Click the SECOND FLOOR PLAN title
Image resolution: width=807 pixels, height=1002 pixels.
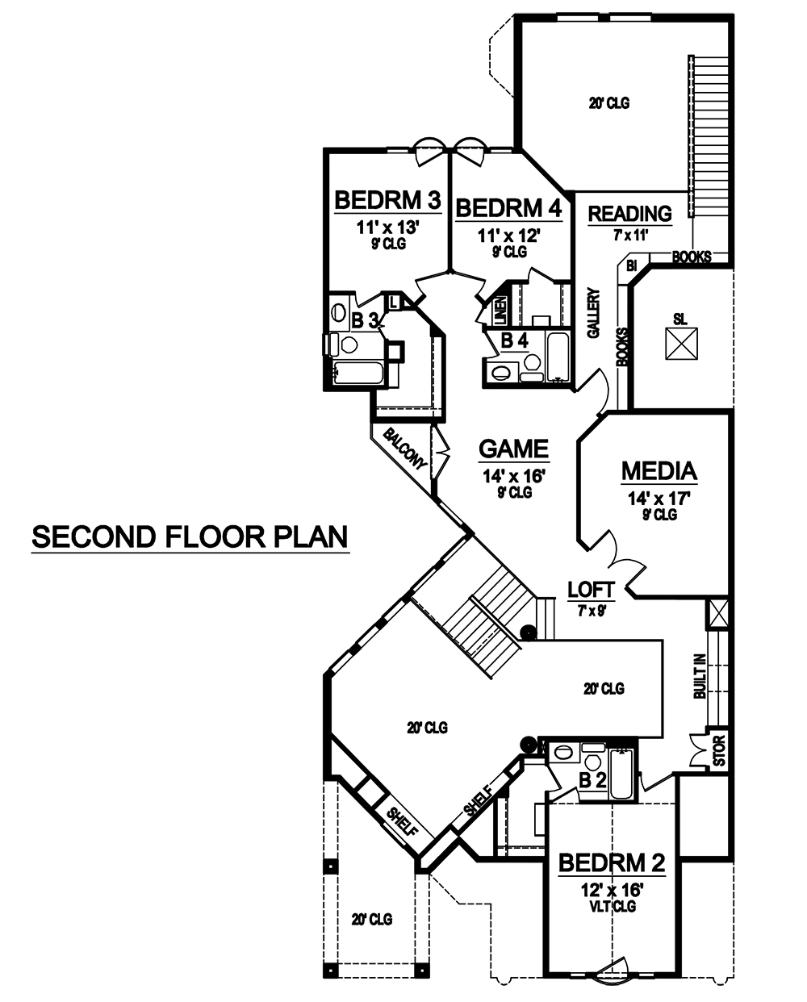pyautogui.click(x=190, y=536)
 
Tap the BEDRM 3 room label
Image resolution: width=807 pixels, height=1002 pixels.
pyautogui.click(x=387, y=200)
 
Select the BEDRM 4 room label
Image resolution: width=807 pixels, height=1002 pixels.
pyautogui.click(x=508, y=208)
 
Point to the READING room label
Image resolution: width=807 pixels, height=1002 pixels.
pyautogui.click(x=629, y=214)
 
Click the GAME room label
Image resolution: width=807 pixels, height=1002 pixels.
pyautogui.click(x=513, y=449)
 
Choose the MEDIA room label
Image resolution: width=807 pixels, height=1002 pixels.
pyautogui.click(x=659, y=470)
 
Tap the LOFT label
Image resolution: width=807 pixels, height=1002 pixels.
pyautogui.click(x=591, y=588)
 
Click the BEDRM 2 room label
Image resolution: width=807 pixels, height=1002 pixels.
pyautogui.click(x=612, y=863)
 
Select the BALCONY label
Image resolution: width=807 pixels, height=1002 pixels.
pyautogui.click(x=403, y=449)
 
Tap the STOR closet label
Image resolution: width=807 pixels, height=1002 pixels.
pyautogui.click(x=720, y=751)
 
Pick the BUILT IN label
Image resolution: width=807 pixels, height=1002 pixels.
pyautogui.click(x=699, y=676)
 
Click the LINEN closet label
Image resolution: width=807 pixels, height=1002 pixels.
pyautogui.click(x=500, y=309)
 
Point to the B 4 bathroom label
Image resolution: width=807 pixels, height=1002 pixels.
pyautogui.click(x=514, y=340)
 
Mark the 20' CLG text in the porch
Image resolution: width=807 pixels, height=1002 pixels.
pyautogui.click(x=371, y=919)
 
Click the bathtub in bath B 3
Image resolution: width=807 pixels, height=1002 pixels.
pyautogui.click(x=358, y=374)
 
